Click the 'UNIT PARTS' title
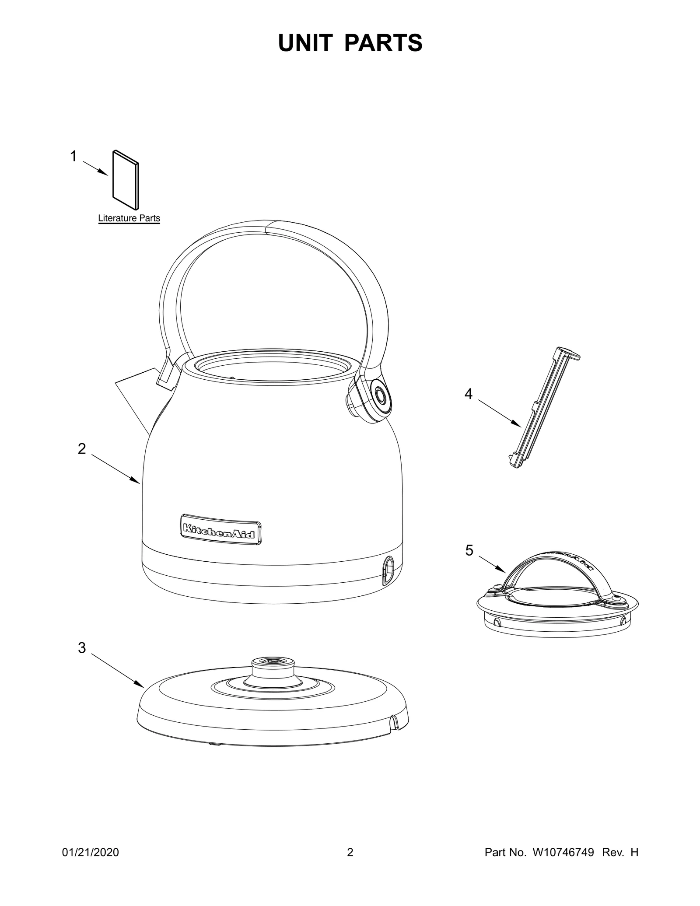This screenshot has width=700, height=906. (350, 43)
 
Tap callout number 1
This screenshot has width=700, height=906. (73, 156)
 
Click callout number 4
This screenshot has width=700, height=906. (469, 394)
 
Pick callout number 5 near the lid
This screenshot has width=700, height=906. (469, 550)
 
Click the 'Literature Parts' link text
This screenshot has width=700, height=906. (129, 218)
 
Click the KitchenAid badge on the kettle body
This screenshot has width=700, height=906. (221, 529)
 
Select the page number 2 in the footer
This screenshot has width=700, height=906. (350, 853)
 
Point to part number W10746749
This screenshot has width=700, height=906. (563, 853)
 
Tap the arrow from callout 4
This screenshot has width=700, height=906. (499, 413)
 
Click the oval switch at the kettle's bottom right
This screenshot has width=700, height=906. (388, 571)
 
